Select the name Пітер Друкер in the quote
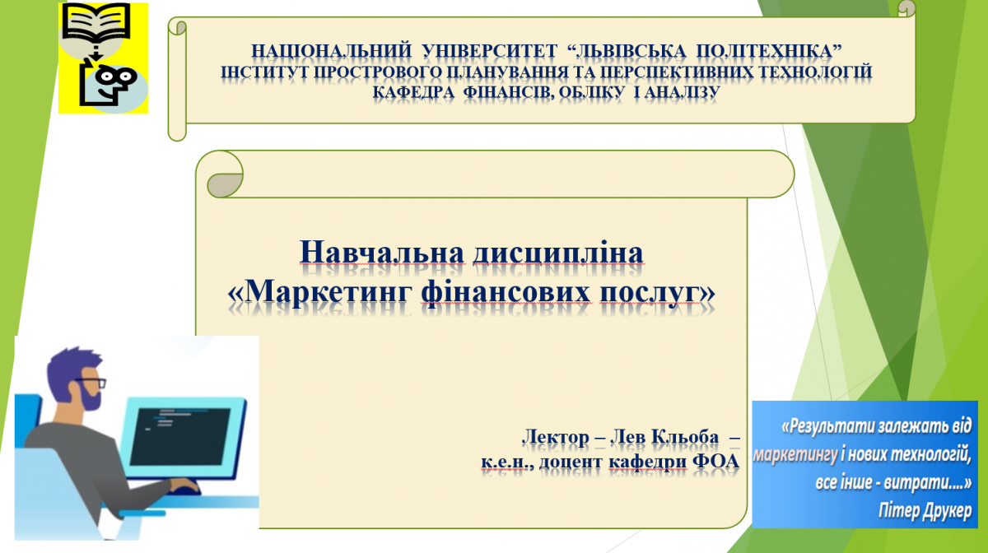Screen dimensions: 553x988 coord(925,512)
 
